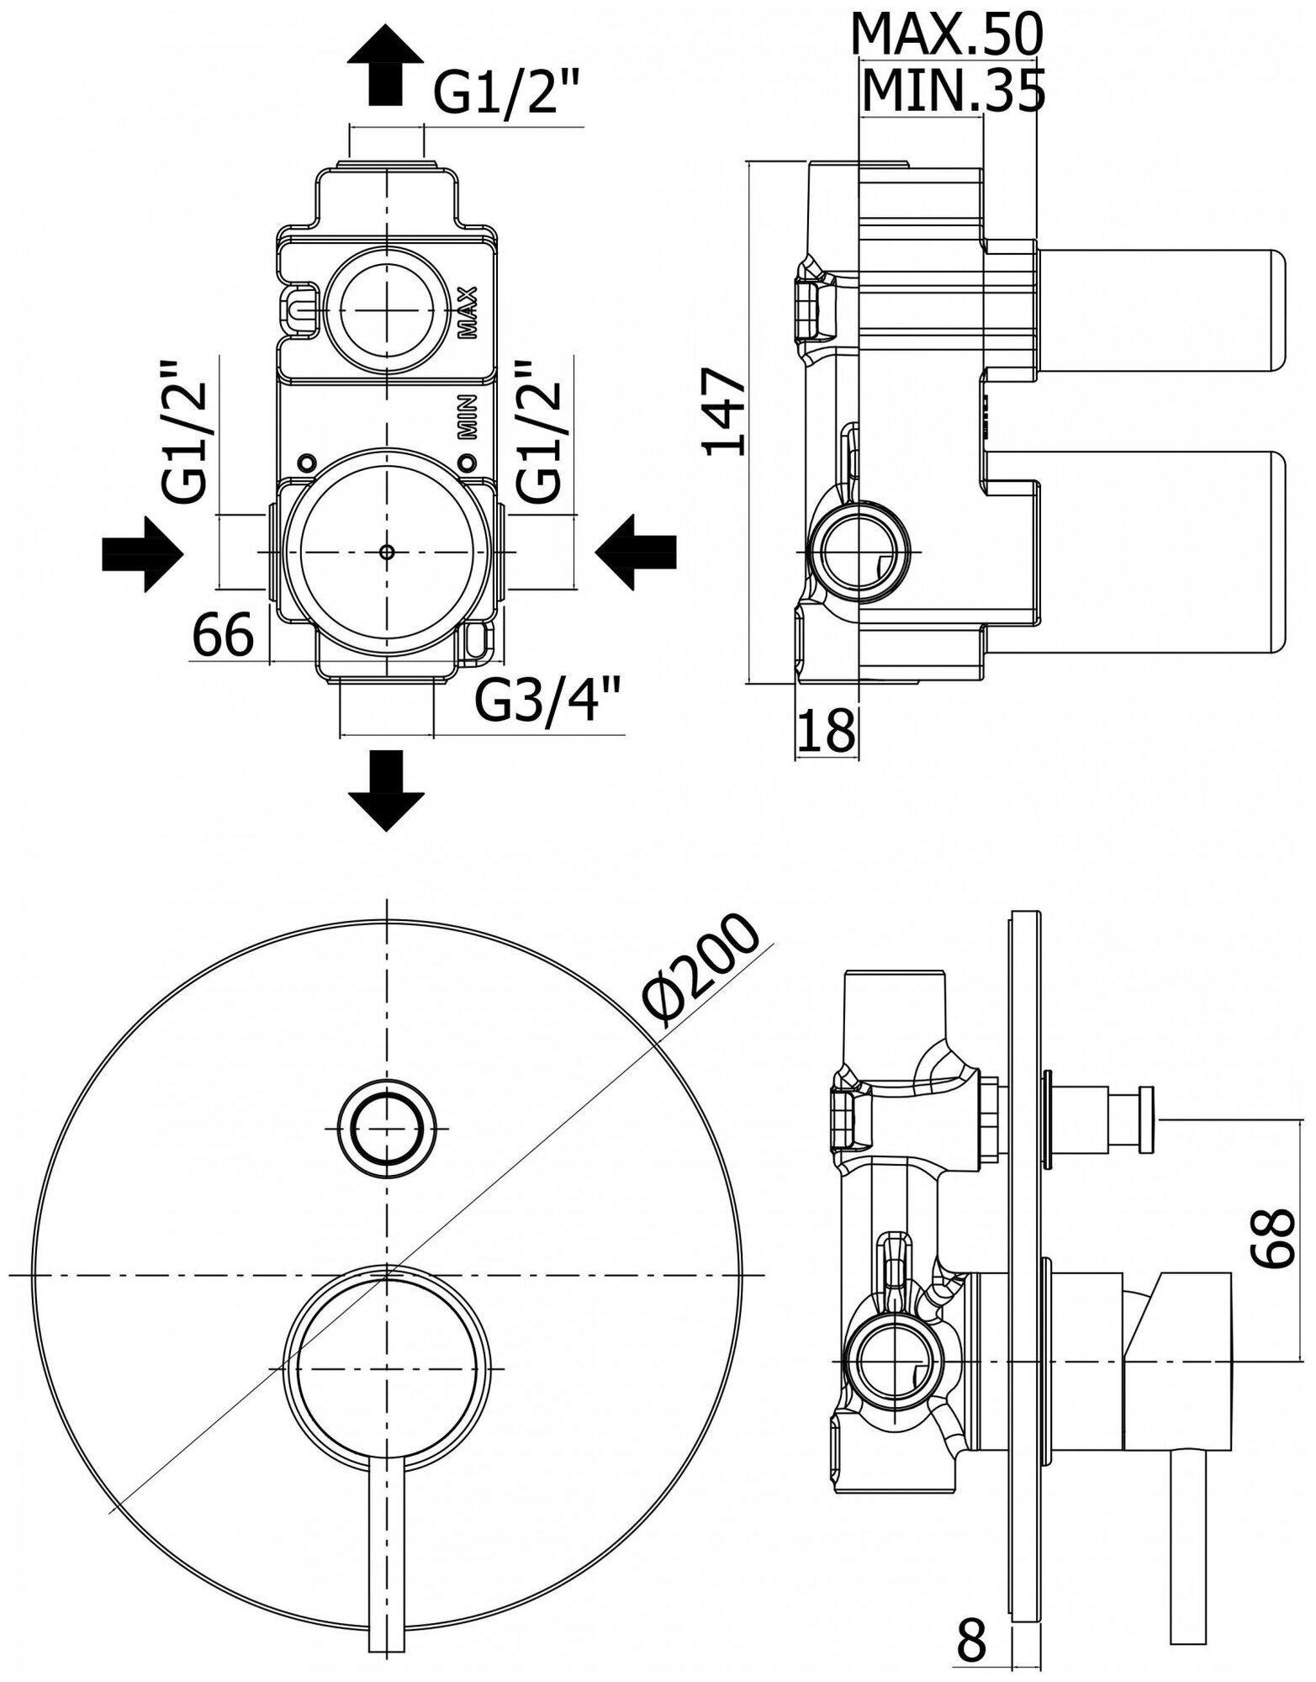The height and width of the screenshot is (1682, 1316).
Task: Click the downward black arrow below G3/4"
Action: (x=385, y=789)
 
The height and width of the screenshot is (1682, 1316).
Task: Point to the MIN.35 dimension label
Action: (x=954, y=90)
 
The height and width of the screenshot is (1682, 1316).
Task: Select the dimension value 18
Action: (x=826, y=730)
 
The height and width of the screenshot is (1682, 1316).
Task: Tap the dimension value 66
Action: (x=224, y=635)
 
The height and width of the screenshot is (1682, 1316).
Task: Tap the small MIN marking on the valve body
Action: (x=468, y=417)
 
